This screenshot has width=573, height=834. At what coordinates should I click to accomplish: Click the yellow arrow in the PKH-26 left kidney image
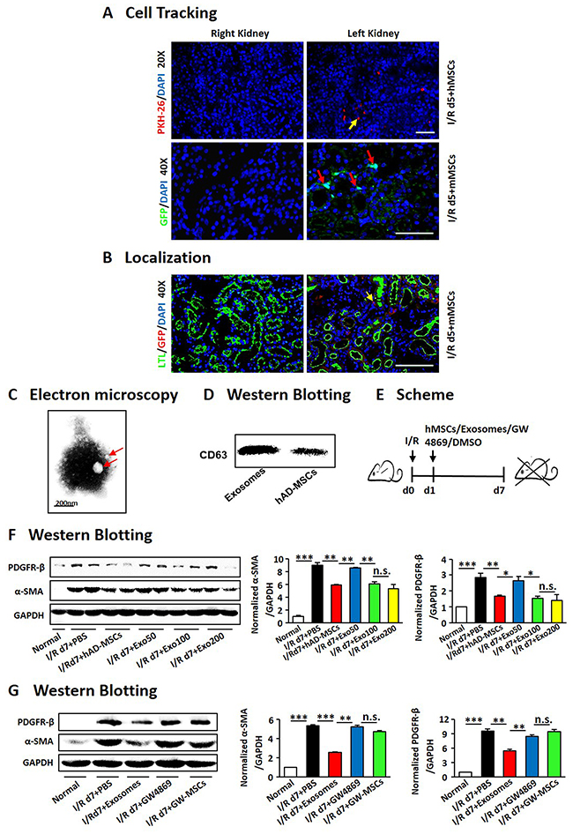[x=353, y=124]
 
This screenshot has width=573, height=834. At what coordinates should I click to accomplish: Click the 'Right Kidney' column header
[x=240, y=34]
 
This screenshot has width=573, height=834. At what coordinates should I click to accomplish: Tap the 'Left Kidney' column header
[x=373, y=34]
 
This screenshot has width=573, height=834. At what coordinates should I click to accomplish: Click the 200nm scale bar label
[x=65, y=503]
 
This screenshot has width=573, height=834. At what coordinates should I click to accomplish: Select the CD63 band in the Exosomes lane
[x=261, y=451]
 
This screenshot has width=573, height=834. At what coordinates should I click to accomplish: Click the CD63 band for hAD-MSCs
[x=309, y=451]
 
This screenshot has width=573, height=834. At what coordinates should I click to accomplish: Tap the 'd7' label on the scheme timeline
[x=499, y=490]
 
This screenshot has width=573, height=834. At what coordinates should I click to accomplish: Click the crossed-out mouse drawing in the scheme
[x=536, y=471]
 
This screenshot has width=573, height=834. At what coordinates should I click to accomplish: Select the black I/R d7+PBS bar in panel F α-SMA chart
[x=317, y=593]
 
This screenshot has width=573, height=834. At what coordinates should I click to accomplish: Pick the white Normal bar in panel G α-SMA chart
[x=292, y=772]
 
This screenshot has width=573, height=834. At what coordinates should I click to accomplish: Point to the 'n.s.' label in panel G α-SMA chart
[x=371, y=718]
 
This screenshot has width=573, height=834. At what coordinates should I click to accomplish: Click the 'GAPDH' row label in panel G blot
[x=38, y=763]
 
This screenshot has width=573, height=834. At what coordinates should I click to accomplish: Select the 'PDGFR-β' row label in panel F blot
[x=26, y=568]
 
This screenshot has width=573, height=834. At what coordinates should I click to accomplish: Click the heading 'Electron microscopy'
[x=104, y=395]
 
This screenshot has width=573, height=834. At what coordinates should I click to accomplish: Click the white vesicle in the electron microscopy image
[x=97, y=467]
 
